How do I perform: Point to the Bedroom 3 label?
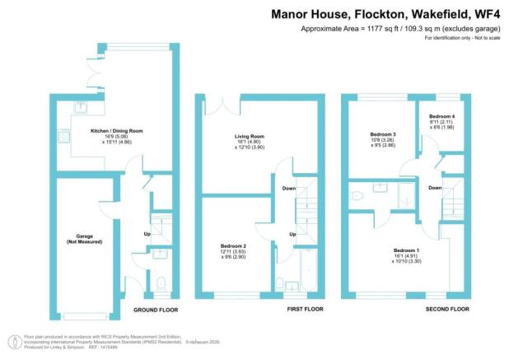coord(384,133)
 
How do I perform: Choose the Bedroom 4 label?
coord(441,118)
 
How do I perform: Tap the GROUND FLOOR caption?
coord(156,310)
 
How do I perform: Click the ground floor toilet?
coord(160,281)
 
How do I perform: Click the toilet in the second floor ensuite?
coord(355,196)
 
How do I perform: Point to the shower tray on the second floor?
coord(405,195)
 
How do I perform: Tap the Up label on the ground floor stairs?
coord(147,234)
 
